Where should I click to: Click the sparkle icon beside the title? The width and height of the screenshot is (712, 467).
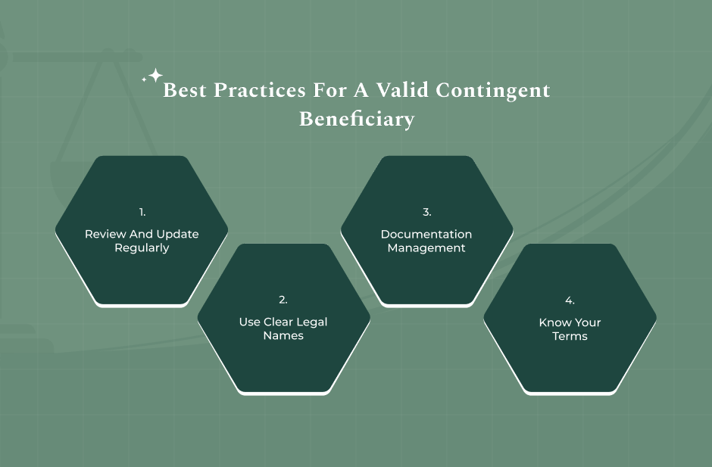tap(154, 76)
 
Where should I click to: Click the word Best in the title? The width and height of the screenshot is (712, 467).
tap(185, 91)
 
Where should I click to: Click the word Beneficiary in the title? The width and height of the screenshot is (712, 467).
tap(357, 120)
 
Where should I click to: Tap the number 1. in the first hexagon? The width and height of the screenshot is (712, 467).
tap(142, 213)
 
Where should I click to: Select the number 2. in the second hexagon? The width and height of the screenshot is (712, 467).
tap(283, 300)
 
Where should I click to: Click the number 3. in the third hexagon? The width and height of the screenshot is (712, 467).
tap(426, 213)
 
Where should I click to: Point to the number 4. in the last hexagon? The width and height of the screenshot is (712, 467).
tap(570, 300)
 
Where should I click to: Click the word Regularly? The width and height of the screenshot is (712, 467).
tap(142, 248)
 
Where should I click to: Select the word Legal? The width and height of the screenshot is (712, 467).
tap(312, 322)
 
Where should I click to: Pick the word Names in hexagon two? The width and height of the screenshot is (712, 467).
tap(283, 336)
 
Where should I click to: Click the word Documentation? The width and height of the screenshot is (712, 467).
tap(426, 235)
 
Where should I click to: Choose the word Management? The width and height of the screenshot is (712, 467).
tap(426, 248)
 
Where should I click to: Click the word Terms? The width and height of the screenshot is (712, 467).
tap(570, 336)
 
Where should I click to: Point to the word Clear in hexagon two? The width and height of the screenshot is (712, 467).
tap(278, 322)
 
